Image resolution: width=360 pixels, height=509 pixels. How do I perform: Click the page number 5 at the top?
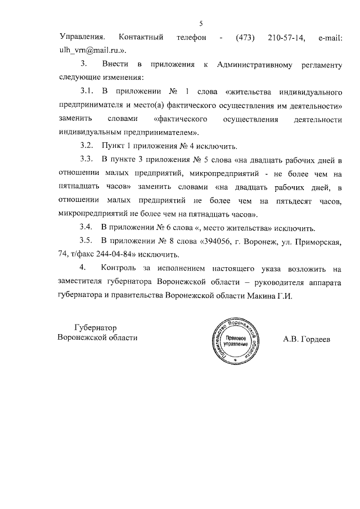[201, 23]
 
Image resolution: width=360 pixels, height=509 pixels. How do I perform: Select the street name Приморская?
[317, 241]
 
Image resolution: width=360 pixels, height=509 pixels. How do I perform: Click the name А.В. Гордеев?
[307, 340]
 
